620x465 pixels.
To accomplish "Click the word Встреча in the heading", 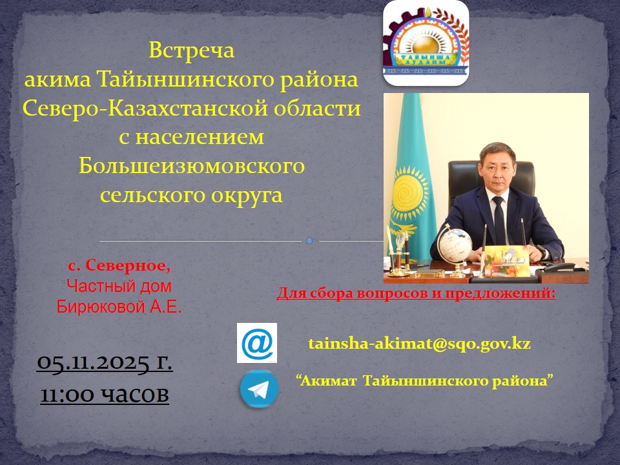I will (191, 50).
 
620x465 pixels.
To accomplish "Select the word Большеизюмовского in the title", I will (191, 166).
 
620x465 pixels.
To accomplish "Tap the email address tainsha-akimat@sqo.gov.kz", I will (419, 343).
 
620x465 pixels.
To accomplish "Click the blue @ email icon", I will (257, 343).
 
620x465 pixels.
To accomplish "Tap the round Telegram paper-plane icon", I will (259, 389).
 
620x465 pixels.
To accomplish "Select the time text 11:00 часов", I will (105, 393).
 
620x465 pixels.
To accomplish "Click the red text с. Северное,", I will (119, 265).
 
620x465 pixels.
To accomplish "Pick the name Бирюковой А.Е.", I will (119, 307).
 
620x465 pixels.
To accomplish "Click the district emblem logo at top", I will (426, 43).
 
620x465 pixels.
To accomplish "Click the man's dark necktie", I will (498, 220).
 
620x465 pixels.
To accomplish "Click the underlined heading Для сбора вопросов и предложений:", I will (416, 294).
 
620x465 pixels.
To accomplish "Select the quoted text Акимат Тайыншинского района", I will (426, 380).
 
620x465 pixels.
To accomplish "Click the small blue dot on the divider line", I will (309, 241).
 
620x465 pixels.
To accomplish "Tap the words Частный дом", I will (119, 285).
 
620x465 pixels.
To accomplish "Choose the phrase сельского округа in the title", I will (191, 194).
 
